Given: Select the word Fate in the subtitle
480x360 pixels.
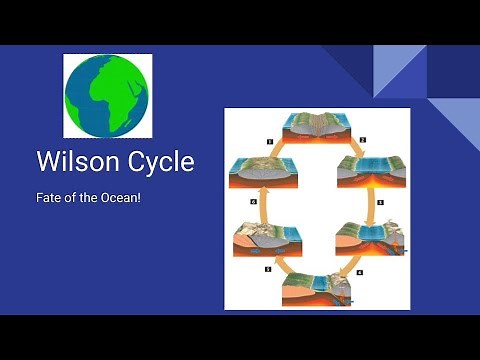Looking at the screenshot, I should pyautogui.click(x=48, y=198).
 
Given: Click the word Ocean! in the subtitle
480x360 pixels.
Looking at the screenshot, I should pyautogui.click(x=118, y=198).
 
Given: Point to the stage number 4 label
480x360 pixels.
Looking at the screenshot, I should pyautogui.click(x=360, y=270).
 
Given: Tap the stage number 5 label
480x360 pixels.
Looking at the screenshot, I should pyautogui.click(x=267, y=270).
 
